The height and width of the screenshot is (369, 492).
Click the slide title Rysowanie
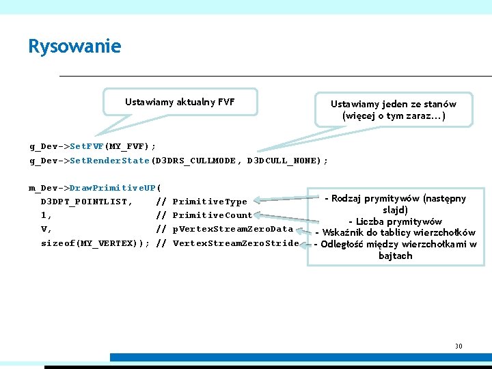pyautogui.click(x=74, y=46)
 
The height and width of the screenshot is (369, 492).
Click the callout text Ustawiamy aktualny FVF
pyautogui.click(x=180, y=102)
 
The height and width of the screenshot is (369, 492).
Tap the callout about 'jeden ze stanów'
pyautogui.click(x=393, y=110)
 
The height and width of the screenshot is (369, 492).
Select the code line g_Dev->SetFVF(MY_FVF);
pyautogui.click(x=92, y=146)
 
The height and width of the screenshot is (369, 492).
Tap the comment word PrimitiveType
pyautogui.click(x=210, y=202)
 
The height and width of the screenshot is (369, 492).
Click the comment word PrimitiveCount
pyautogui.click(x=213, y=215)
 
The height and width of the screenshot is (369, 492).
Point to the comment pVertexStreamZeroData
pyautogui.click(x=232, y=229)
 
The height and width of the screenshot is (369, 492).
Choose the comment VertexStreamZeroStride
pyautogui.click(x=235, y=243)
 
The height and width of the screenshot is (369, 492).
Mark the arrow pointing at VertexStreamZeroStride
pyautogui.click(x=306, y=243)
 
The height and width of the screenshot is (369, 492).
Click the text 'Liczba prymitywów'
pyautogui.click(x=395, y=221)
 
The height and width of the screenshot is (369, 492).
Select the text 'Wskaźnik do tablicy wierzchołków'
pyautogui.click(x=395, y=233)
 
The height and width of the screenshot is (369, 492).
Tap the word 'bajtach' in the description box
pyautogui.click(x=395, y=256)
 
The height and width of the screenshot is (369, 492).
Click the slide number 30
pyautogui.click(x=459, y=346)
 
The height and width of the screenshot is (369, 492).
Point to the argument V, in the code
pyautogui.click(x=46, y=229)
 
